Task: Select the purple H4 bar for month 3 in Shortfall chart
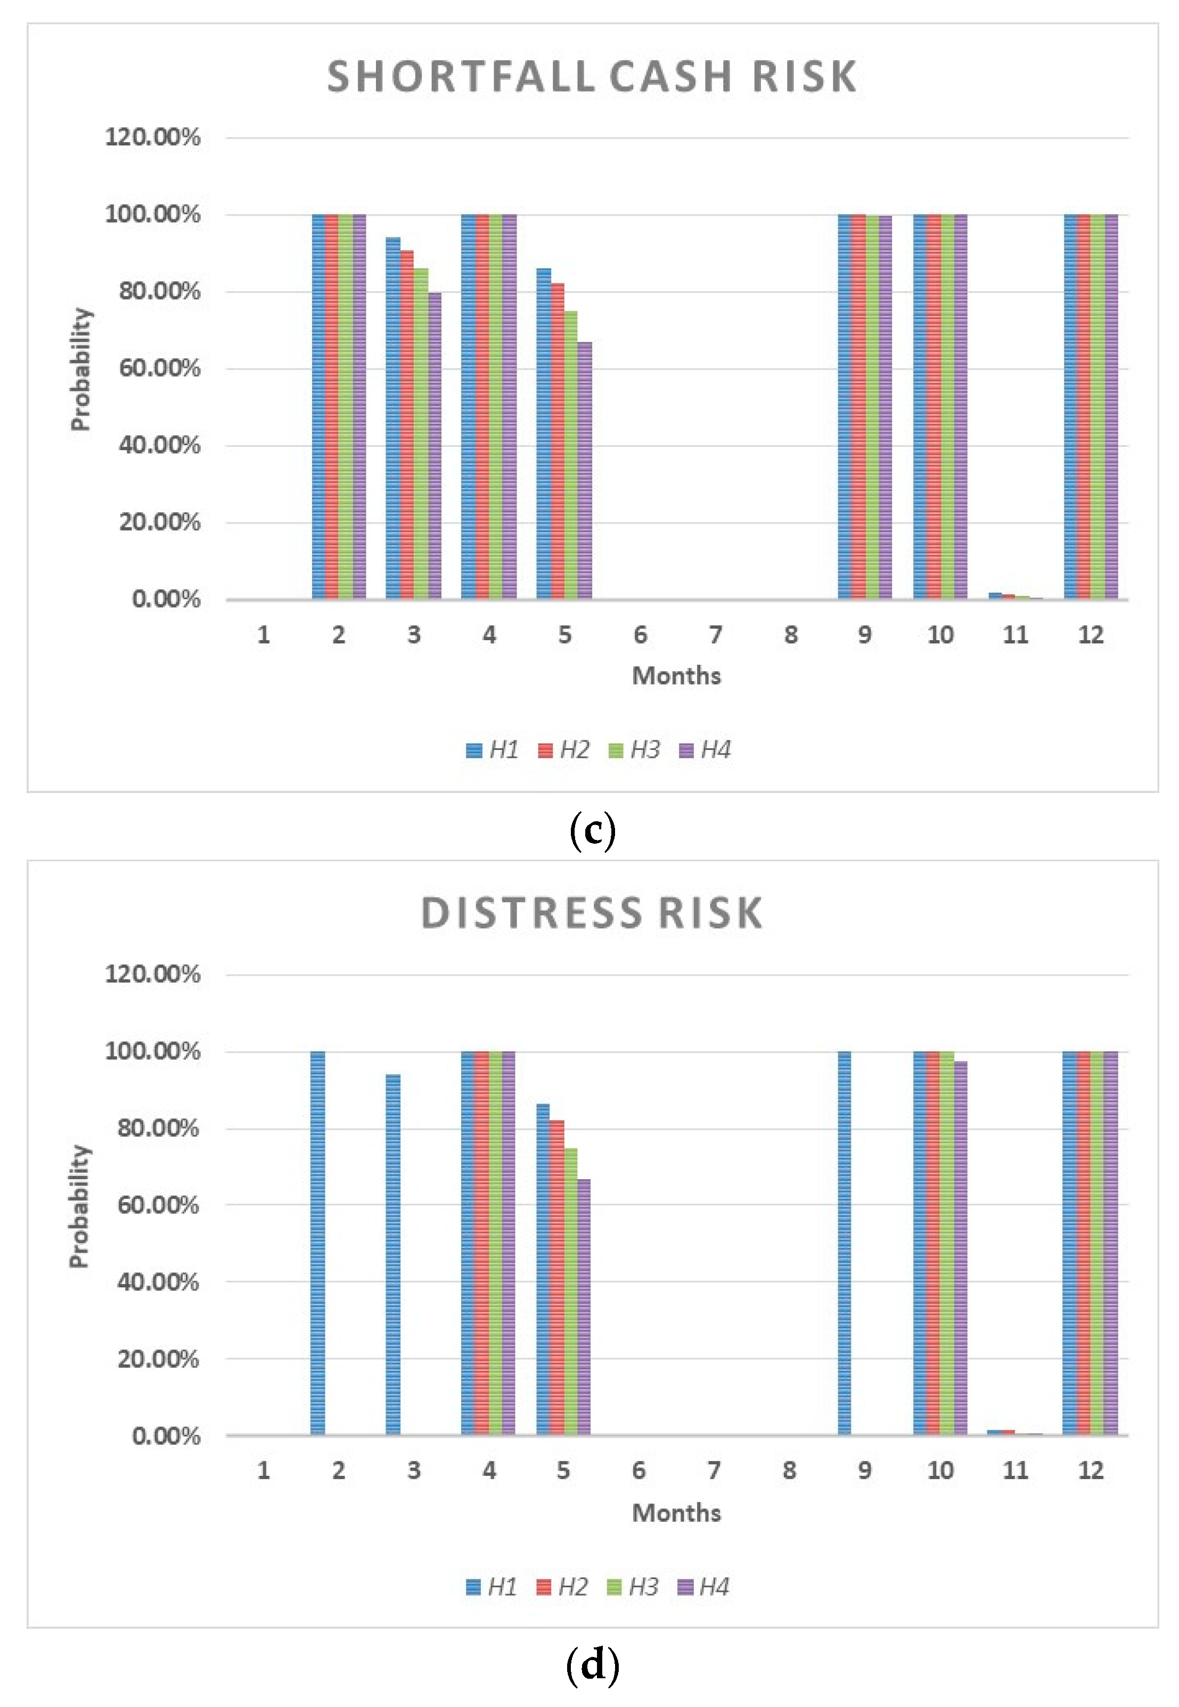pyautogui.click(x=435, y=445)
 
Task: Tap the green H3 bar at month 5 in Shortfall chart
pyautogui.click(x=570, y=454)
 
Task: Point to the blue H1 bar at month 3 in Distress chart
pyautogui.click(x=393, y=1256)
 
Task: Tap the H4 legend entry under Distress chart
pyautogui.click(x=703, y=1587)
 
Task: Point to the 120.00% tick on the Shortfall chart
pyautogui.click(x=152, y=137)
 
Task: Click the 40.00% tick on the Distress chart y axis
pyautogui.click(x=158, y=1283)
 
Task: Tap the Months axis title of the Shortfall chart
pyautogui.click(x=676, y=675)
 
